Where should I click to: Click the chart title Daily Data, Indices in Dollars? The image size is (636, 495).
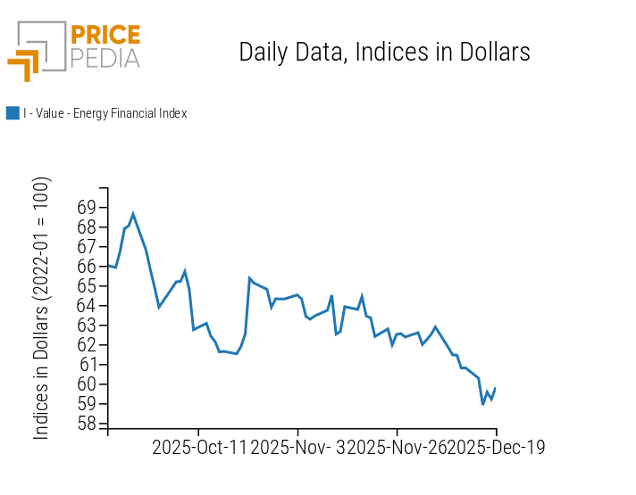(384, 53)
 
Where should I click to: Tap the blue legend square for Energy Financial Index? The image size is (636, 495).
(13, 113)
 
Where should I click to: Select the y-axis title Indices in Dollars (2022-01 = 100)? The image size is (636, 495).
(42, 308)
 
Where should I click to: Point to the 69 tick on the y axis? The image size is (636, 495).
(87, 208)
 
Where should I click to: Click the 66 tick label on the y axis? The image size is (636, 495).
(87, 267)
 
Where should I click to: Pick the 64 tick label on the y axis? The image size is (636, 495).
(87, 306)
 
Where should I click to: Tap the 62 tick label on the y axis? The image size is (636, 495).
(87, 345)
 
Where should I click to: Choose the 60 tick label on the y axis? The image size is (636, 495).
(87, 384)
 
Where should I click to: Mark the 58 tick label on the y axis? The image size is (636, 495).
(87, 424)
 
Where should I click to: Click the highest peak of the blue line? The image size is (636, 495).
(133, 214)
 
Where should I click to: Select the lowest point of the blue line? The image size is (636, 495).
(483, 404)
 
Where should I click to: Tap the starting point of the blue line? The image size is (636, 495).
(108, 266)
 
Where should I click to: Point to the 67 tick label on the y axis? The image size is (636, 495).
(87, 247)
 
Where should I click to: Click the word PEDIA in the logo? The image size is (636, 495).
(105, 58)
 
